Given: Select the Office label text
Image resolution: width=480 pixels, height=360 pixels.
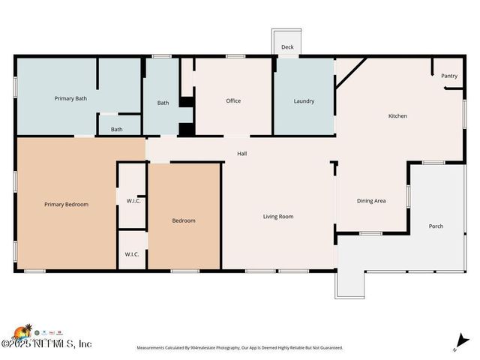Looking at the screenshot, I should click(x=233, y=100).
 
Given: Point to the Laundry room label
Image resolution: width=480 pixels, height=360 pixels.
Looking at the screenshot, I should click(x=304, y=100).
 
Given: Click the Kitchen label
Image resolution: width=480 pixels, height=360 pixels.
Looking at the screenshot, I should click(x=397, y=115).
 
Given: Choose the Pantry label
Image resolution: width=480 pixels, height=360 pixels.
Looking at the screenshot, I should click(x=448, y=76).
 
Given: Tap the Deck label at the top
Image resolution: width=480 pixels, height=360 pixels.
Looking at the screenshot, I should click(x=287, y=47).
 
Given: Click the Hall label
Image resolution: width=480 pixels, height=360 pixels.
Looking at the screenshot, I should click(x=242, y=154).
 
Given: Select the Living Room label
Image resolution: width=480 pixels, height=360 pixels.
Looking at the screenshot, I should click(x=277, y=217).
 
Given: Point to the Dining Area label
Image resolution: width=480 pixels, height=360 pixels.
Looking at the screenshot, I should click(x=371, y=201).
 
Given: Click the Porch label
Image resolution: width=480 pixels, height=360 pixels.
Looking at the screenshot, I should click(x=436, y=226).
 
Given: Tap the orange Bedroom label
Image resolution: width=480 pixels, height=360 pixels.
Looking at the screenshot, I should click(x=184, y=220).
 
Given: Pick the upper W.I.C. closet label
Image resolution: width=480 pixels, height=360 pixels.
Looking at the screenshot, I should click(x=131, y=199).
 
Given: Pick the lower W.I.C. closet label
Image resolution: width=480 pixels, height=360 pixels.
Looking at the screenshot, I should click(x=131, y=254).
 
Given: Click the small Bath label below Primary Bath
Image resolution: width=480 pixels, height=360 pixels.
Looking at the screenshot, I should click(x=117, y=129).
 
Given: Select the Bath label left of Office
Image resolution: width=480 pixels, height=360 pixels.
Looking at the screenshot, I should click(x=163, y=103).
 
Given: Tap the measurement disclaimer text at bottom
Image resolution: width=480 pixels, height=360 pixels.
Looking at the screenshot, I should click(x=239, y=348).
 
